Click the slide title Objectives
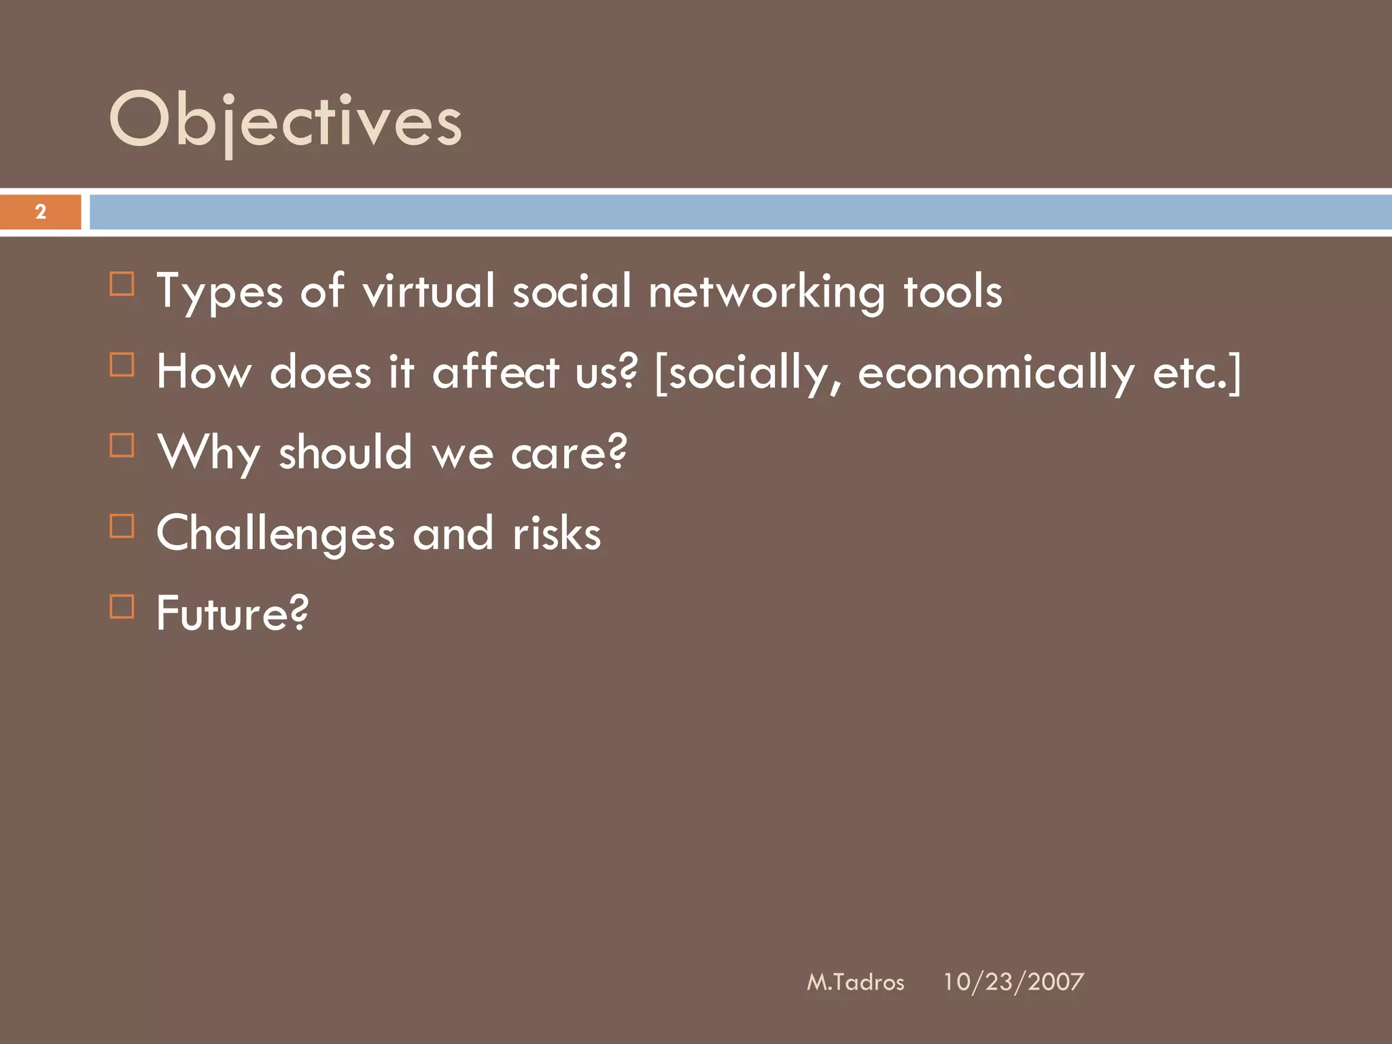[285, 121]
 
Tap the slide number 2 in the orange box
[41, 212]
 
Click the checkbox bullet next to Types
[122, 283]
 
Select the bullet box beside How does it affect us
[122, 364]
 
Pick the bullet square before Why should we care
[122, 445]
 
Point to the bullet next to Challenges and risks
[122, 525]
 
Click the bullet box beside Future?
[122, 606]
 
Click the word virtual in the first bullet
[429, 291]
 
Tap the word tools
[952, 291]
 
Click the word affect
[495, 372]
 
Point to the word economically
[996, 373]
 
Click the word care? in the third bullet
[569, 453]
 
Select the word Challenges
[275, 534]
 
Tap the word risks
[557, 533]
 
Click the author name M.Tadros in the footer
[855, 982]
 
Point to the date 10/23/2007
[1013, 982]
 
